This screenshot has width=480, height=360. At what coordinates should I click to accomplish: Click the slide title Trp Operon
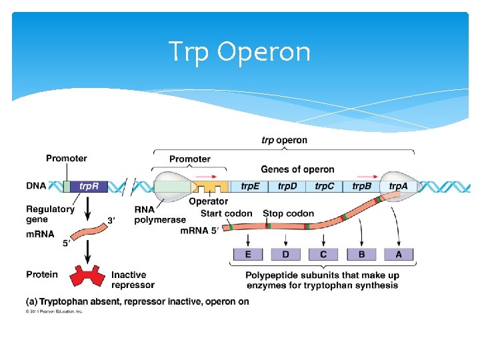tap(239, 51)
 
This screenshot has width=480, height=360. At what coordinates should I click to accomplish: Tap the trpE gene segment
tap(250, 186)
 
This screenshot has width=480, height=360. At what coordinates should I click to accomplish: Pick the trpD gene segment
tap(287, 186)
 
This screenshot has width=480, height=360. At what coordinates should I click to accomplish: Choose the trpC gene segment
tap(325, 186)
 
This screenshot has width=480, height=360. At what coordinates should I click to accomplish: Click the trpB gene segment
tap(362, 186)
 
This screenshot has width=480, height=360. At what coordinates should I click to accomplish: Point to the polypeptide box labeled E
tap(248, 254)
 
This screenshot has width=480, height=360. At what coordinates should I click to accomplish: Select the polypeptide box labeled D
tap(285, 254)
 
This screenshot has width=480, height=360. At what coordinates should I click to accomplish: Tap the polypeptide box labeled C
tap(323, 254)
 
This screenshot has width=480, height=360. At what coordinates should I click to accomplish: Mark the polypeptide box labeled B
tap(361, 254)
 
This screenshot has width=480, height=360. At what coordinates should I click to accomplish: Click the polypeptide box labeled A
tap(399, 254)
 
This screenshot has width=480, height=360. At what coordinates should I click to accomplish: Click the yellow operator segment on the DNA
tap(209, 187)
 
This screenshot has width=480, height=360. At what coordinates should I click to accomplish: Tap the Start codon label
tap(226, 213)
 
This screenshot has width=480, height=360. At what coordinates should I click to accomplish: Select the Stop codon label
tap(288, 213)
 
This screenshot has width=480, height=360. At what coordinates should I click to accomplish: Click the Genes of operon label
tap(297, 169)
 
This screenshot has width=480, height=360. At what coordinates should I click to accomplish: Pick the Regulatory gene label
tap(50, 213)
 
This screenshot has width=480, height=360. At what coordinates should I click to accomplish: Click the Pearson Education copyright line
tap(54, 311)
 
